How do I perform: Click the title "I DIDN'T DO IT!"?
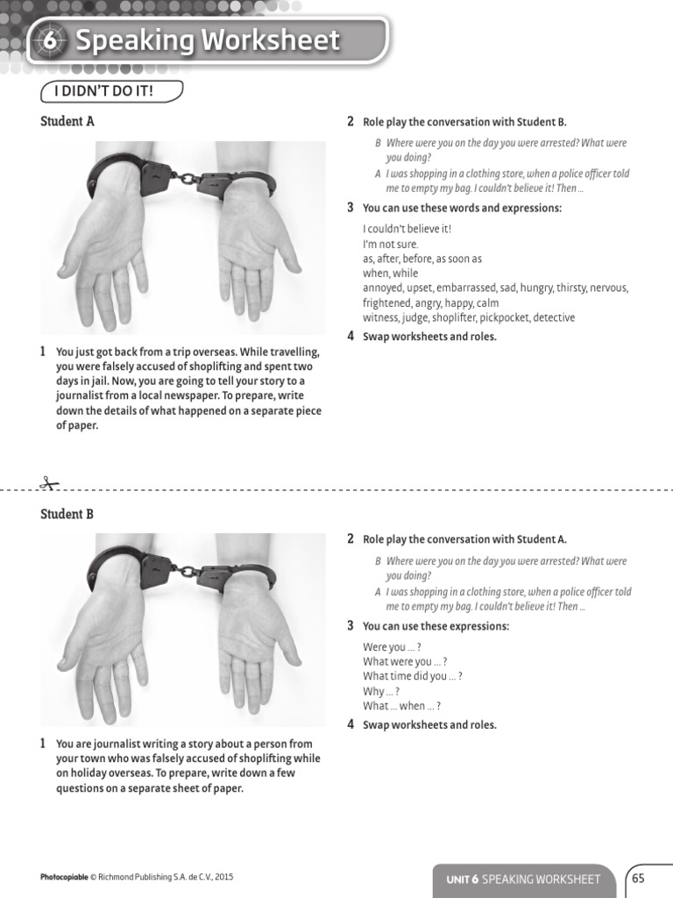111,90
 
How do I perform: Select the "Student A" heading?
67,122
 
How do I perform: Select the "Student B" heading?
67,514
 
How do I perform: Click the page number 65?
638,878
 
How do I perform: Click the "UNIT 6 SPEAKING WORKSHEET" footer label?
523,879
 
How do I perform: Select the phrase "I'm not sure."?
391,244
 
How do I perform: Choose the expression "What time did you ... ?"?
412,676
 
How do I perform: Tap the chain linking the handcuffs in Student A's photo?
186,178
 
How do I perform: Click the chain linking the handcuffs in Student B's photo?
186,570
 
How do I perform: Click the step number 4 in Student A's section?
351,336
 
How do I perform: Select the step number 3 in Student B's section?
351,626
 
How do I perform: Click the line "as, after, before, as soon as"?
422,259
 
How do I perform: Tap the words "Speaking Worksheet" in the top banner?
208,40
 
